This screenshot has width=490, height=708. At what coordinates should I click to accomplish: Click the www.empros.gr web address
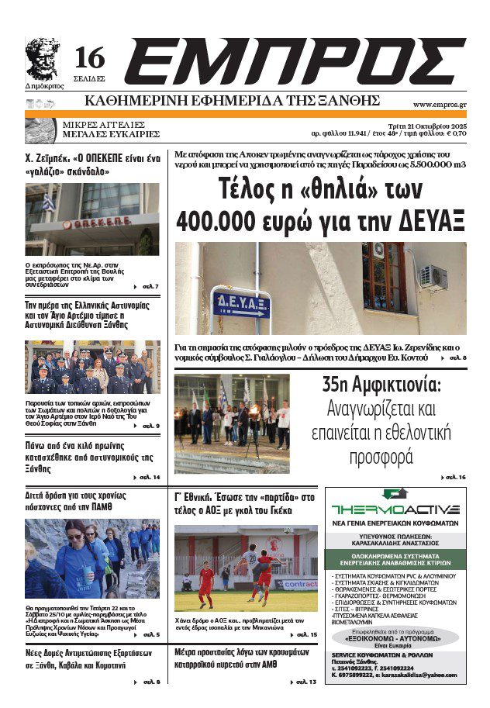pyautogui.click(x=440, y=104)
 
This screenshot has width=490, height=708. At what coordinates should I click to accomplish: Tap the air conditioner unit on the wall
pyautogui.click(x=435, y=277)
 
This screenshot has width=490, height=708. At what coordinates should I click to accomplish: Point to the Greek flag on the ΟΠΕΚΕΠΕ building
pyautogui.click(x=48, y=204)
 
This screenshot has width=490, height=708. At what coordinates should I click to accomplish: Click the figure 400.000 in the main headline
pyautogui.click(x=225, y=219)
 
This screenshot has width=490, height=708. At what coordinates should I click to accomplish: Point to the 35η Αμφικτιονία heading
pyautogui.click(x=381, y=384)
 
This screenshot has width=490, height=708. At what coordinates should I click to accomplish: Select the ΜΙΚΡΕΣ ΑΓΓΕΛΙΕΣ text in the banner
pyautogui.click(x=105, y=123)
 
